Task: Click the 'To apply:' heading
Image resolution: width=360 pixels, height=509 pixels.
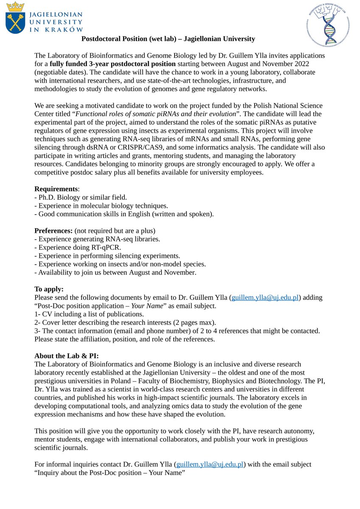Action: pyautogui.click(x=49, y=289)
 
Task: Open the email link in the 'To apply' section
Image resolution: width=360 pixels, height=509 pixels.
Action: pyautogui.click(x=264, y=298)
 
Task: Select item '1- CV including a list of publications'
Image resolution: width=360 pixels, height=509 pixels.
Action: pyautogui.click(x=89, y=314)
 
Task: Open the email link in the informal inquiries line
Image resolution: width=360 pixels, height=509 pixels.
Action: pyautogui.click(x=210, y=464)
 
